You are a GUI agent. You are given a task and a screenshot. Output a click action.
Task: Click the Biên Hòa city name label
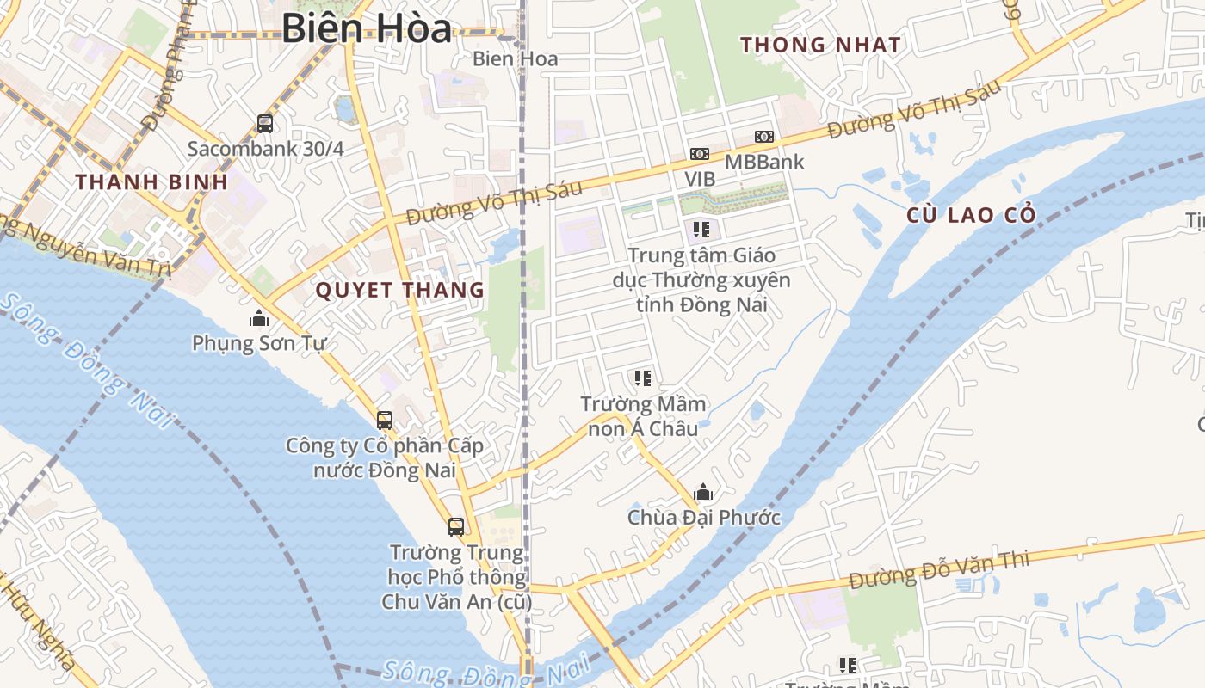(x=367, y=28)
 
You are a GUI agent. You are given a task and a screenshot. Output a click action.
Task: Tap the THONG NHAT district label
(x=820, y=45)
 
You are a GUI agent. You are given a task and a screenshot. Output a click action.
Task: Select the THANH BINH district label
(x=151, y=182)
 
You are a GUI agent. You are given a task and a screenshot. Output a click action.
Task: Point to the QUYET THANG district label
(x=400, y=290)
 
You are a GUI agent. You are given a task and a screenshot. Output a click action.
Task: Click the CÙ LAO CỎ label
(x=971, y=215)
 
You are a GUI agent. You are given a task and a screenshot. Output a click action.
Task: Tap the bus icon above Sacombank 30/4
(x=265, y=124)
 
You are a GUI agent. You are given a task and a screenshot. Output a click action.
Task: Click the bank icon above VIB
(x=699, y=154)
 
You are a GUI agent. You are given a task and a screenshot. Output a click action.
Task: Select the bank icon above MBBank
(x=763, y=137)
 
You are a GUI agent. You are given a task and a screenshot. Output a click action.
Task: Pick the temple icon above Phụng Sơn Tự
(x=259, y=319)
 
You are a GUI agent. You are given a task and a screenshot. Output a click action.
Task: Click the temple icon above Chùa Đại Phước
(x=703, y=492)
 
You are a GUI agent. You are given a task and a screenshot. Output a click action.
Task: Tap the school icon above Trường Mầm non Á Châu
(x=642, y=378)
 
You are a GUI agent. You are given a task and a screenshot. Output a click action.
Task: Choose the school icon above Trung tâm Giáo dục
(x=701, y=230)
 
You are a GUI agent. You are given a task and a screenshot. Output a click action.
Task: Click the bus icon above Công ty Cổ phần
(x=385, y=421)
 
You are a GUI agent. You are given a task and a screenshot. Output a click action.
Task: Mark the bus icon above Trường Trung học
(x=456, y=526)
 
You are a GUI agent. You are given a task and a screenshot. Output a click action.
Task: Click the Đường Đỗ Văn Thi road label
(x=938, y=570)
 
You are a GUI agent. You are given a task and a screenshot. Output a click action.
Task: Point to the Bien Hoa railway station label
(x=515, y=59)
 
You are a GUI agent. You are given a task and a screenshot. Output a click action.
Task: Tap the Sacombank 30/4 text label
(x=266, y=149)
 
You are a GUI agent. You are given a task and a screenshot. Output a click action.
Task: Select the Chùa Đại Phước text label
(x=704, y=518)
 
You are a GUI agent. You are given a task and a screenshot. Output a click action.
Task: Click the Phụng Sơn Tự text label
(x=259, y=344)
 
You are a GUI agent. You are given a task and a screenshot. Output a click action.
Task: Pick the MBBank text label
(x=764, y=162)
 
